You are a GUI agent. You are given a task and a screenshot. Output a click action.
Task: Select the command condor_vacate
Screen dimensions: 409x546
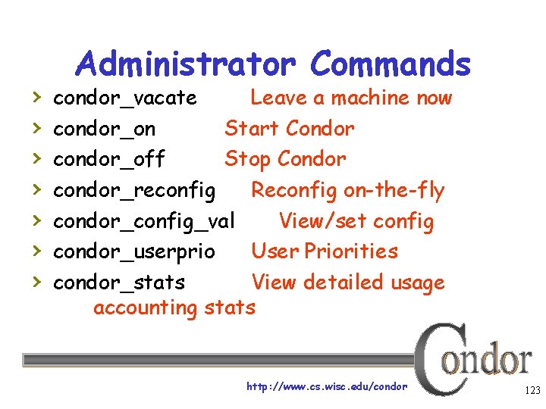point(125,98)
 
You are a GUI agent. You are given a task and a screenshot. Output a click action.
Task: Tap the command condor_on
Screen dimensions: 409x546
point(105,130)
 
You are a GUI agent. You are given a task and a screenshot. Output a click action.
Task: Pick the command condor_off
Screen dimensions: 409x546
point(109,160)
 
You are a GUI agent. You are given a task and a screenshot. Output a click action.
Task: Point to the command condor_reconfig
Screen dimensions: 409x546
point(134,190)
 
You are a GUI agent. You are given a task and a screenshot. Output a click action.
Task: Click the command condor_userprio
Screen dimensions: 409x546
point(134,251)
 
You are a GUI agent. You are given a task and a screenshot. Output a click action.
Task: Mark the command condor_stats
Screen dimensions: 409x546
point(119,283)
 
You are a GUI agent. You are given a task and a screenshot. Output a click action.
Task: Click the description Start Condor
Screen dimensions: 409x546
point(289,129)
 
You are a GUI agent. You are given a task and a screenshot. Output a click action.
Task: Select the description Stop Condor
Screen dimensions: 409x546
point(285,159)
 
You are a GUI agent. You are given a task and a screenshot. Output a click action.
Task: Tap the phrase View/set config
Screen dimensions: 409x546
point(356,221)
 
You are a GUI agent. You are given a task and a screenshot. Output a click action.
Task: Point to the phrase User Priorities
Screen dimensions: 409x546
point(324,251)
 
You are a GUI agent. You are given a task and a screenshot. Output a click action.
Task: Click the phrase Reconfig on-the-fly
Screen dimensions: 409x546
point(347,190)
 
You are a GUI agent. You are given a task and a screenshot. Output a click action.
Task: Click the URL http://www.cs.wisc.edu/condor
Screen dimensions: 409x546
point(327,386)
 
